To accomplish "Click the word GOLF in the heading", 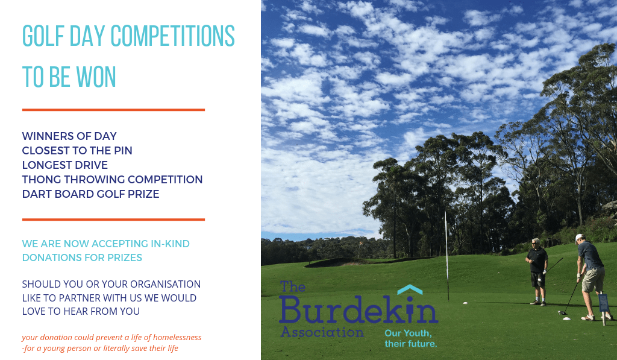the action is (x=43, y=36).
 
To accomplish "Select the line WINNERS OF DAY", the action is (x=69, y=136).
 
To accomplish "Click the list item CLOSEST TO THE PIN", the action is (x=77, y=151).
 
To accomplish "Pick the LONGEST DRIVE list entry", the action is (x=65, y=165).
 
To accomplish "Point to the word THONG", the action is (x=42, y=180).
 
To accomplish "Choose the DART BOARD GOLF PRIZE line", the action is (x=90, y=194).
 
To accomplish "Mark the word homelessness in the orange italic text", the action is (x=177, y=337).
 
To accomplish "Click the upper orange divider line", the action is (x=113, y=110).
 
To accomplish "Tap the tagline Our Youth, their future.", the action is (x=410, y=338).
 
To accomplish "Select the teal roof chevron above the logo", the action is (x=410, y=289).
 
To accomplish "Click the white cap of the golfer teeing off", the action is (x=579, y=238).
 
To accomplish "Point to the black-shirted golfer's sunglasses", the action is (x=535, y=243).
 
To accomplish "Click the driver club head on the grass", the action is (x=562, y=313).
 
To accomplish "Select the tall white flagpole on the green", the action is (x=446, y=257).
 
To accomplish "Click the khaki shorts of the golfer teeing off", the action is (x=593, y=279).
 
